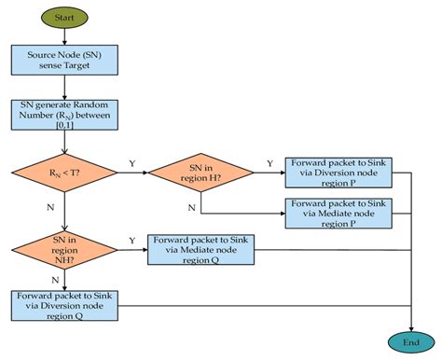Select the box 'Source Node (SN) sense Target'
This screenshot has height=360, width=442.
point(64,62)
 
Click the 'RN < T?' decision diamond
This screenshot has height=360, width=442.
point(63,173)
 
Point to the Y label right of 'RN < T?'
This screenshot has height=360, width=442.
point(131,163)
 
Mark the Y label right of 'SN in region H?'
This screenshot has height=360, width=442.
point(269,163)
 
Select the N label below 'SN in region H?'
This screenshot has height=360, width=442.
point(191,206)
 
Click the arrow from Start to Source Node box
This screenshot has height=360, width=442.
point(63,37)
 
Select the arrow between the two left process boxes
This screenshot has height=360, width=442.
point(63,88)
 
